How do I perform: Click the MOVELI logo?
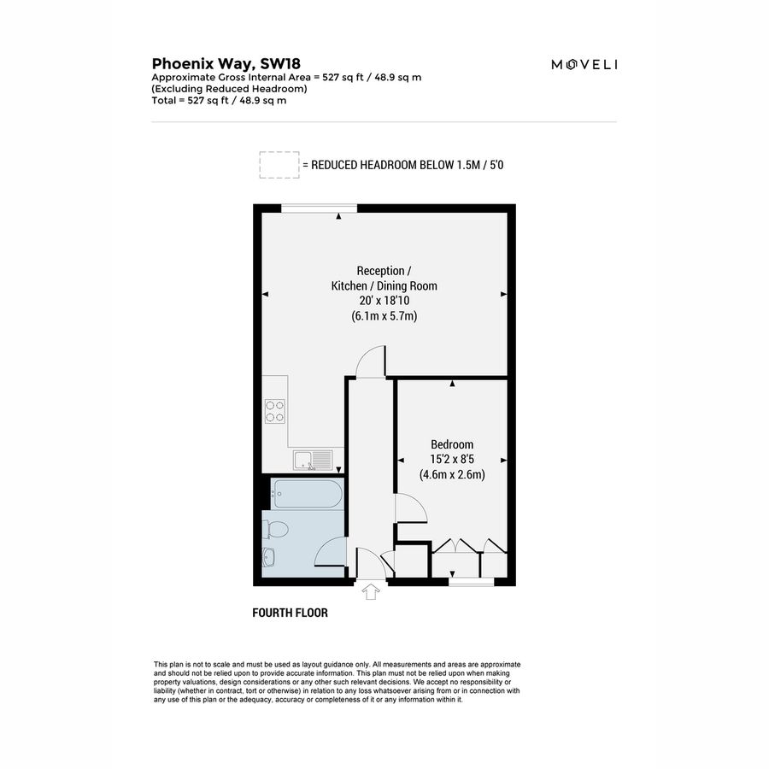tap(584, 64)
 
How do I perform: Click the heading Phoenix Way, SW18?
tap(226, 62)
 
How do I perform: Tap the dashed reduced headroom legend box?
tap(279, 165)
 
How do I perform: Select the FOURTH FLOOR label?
tap(290, 613)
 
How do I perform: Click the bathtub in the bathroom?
tap(308, 493)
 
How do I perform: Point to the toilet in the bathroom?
tap(275, 529)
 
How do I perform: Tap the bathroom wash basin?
tap(269, 559)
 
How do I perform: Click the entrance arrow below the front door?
tap(372, 591)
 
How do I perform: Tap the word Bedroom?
tap(452, 444)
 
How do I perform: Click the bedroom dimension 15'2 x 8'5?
tap(452, 460)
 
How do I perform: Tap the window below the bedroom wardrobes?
tap(472, 582)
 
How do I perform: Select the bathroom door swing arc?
tap(331, 552)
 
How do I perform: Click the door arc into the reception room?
tap(371, 361)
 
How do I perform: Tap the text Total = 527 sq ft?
tap(219, 100)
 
